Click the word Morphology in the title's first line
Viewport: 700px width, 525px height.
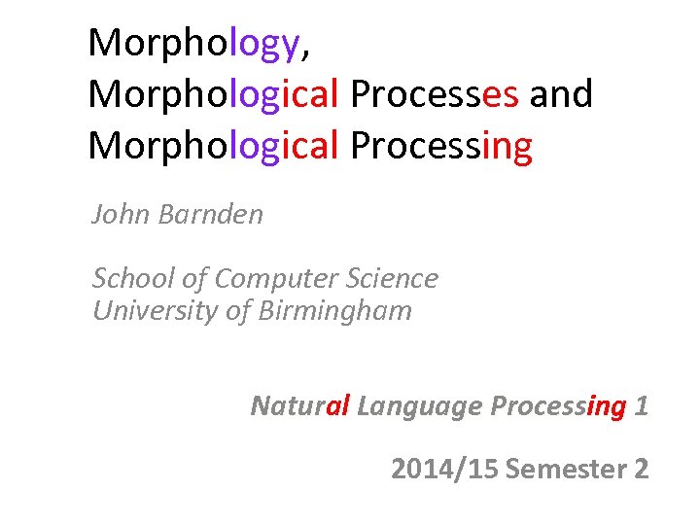pos(192,45)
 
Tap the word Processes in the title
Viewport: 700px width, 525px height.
pos(435,94)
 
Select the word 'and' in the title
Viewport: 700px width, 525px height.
pos(561,94)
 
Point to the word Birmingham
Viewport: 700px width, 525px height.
pos(335,311)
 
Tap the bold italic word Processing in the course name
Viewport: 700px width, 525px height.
pos(557,406)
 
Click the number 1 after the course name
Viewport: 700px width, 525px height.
pos(641,405)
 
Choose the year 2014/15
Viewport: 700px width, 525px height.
pos(444,470)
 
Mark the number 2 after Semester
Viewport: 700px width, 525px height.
pos(641,470)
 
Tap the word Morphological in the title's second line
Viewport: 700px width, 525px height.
pos(213,94)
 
